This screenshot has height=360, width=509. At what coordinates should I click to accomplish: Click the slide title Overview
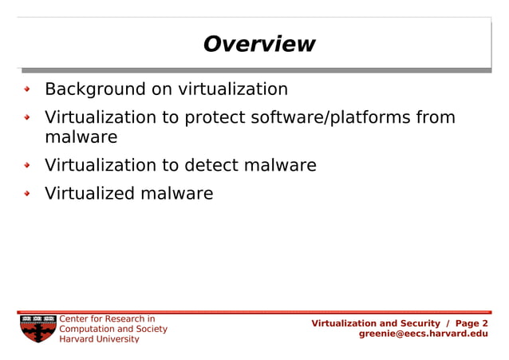[x=258, y=44]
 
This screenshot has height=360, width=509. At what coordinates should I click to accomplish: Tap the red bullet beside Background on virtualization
[x=27, y=89]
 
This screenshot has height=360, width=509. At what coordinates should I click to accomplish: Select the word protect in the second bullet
[x=216, y=117]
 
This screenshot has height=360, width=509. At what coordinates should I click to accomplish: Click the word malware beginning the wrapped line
[x=81, y=137]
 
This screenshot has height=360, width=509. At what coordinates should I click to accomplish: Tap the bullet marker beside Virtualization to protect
[x=27, y=118]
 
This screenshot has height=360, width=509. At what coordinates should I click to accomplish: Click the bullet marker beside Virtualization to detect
[x=27, y=166]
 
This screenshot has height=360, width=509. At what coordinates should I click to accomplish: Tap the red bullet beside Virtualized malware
[x=27, y=194]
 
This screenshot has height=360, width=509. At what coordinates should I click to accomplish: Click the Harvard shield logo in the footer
[x=37, y=328]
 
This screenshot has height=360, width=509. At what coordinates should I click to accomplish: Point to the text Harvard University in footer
[x=99, y=338]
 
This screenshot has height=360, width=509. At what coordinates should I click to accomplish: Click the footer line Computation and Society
[x=113, y=329]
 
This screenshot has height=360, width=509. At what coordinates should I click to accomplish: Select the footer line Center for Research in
[x=107, y=319]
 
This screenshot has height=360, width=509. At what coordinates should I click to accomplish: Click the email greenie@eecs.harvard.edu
[x=423, y=334]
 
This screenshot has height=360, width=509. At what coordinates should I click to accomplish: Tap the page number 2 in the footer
[x=485, y=323]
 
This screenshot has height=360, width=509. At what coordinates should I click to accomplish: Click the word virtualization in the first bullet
[x=232, y=89]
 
